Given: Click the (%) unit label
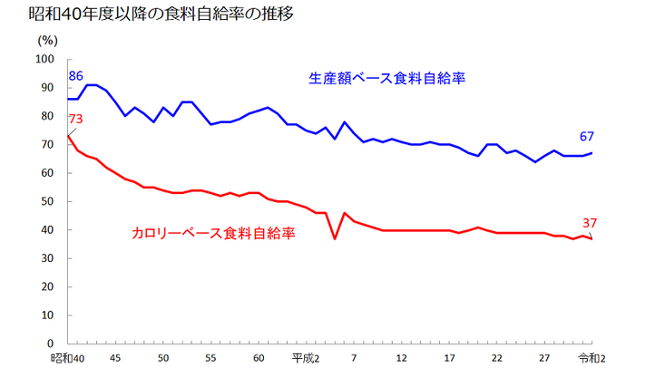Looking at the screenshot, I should coord(48,40).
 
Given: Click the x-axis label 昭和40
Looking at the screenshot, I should coord(69,358).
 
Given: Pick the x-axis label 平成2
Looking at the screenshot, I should coord(306,358).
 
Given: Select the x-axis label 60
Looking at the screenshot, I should coord(259,358).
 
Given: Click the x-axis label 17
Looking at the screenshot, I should coord(449,358).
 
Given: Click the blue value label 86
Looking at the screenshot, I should coord(76,76).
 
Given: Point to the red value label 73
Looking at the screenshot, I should coord(76,120).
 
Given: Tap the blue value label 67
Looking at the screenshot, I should coord(587,137).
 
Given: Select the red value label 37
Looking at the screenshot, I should coord(590,223).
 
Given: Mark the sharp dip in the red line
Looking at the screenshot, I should coord(335,239).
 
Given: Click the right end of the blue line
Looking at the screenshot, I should coord(592,152).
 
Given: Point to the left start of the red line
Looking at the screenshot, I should coord(68,136).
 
